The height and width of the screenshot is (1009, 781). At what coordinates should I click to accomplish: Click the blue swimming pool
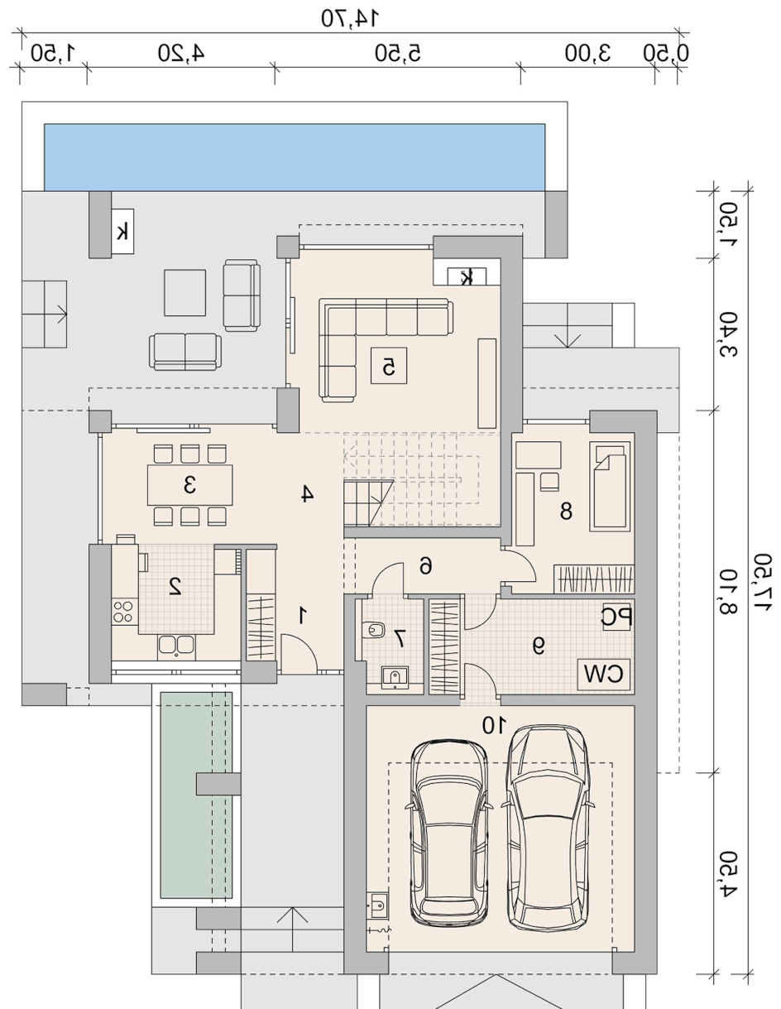tap(295, 157)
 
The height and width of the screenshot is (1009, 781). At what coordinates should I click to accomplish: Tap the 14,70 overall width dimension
tap(350, 18)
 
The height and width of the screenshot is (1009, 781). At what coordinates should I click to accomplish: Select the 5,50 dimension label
tap(398, 53)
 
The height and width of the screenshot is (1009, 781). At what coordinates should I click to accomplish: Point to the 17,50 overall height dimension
tap(763, 581)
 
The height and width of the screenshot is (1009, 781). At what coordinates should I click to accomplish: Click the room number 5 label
tap(389, 368)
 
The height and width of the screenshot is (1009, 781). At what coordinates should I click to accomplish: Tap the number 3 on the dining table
tap(189, 485)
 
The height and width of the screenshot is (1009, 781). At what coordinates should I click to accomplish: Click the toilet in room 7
tap(374, 630)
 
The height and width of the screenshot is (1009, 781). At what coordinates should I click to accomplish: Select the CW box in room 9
tap(604, 673)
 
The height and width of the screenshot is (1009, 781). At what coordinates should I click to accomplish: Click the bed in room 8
tap(610, 487)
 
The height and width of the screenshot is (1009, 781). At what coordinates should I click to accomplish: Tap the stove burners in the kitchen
tap(124, 611)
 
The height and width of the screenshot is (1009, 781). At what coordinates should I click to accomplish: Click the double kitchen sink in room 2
tap(176, 646)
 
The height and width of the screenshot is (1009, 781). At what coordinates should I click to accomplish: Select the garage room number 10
tap(494, 725)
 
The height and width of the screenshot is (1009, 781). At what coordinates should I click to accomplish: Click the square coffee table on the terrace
tap(184, 293)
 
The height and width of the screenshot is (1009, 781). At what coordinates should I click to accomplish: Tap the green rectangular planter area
tap(196, 795)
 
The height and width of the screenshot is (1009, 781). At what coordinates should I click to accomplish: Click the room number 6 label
tap(425, 566)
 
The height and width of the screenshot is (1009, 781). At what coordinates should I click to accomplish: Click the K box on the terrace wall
tap(122, 231)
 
